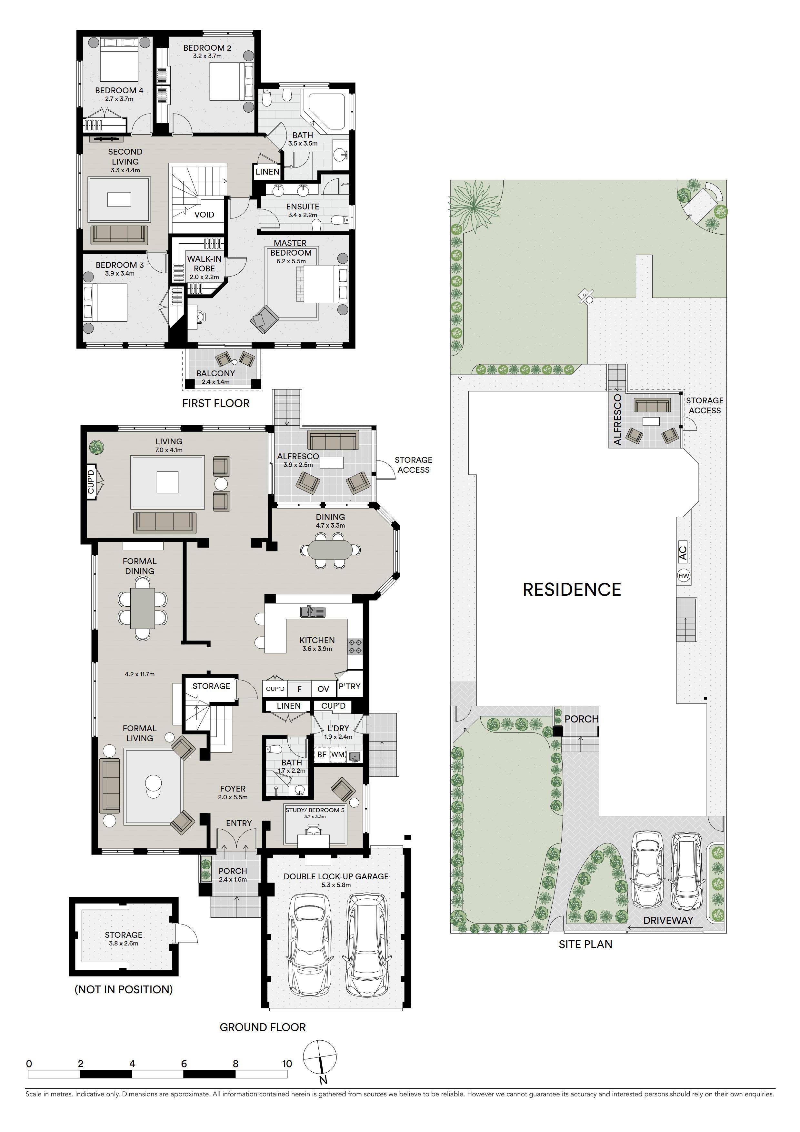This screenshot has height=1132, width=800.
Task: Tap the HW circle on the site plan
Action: pos(684,575)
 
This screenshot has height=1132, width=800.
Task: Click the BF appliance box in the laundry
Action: pos(321,754)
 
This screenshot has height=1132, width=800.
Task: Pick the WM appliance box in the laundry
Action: pos(338,754)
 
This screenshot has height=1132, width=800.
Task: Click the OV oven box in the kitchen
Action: pos(323,689)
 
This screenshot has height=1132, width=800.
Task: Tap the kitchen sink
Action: pos(313,612)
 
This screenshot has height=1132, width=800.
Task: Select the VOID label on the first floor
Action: pos(204,215)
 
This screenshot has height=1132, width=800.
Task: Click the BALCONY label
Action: pos(215,373)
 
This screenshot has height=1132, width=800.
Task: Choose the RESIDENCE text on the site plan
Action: pos(572,589)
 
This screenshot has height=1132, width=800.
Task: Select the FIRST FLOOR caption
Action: pos(216,403)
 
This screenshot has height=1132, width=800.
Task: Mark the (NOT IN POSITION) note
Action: pos(124,989)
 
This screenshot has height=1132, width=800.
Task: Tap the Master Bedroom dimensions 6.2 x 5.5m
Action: pos(291,261)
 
